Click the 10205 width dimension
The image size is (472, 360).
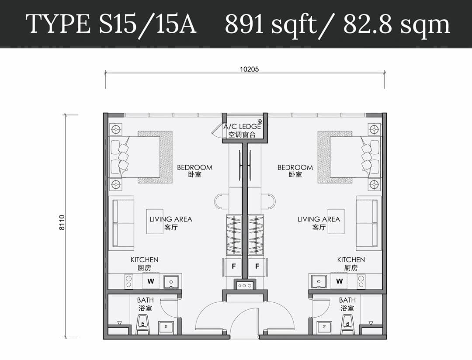coord(249,69)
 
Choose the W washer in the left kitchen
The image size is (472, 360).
coord(151,281)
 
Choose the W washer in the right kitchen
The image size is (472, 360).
coord(339,281)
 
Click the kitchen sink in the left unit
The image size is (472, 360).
coord(171,282)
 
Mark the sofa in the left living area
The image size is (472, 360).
coord(122,223)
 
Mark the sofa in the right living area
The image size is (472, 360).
coord(368,223)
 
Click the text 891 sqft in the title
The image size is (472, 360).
coord(271,24)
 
